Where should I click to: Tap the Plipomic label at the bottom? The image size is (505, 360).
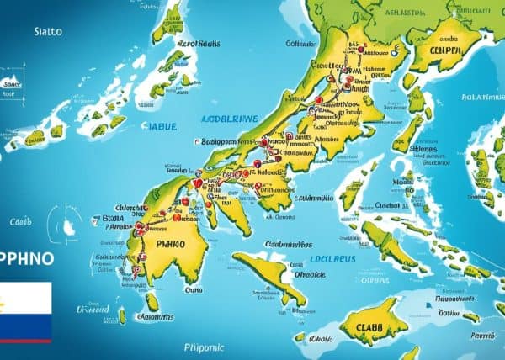pyautogui.click(x=205, y=347)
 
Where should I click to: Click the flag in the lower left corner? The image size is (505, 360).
pyautogui.click(x=25, y=312)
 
